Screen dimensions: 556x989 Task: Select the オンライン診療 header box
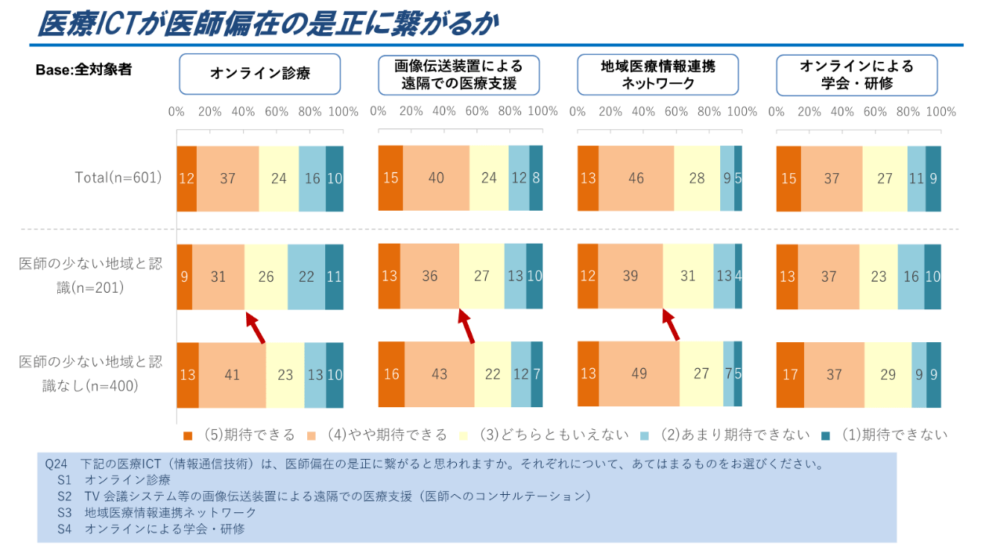tap(259, 74)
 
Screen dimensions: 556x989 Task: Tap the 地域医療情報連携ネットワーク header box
tap(658, 74)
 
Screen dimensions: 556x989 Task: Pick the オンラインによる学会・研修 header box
tap(857, 74)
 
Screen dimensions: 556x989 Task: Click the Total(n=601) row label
tap(118, 178)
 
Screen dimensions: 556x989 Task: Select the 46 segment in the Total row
tap(636, 179)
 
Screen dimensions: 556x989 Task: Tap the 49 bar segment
tap(639, 374)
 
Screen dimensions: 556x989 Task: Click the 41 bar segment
tap(232, 375)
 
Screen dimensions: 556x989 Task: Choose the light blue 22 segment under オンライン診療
tap(306, 276)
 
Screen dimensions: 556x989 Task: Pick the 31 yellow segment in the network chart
tap(688, 276)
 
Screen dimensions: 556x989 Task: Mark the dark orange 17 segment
tap(790, 375)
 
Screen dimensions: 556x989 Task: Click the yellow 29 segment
tap(887, 375)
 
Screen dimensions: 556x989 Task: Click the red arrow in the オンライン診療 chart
tap(256, 328)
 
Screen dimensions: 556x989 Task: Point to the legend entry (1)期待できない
tap(886, 435)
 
